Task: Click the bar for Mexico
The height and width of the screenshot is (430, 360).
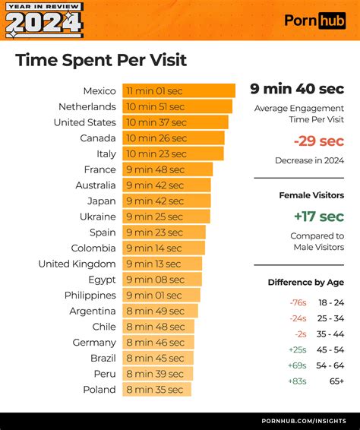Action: tap(178, 91)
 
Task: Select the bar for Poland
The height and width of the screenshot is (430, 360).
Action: tap(156, 390)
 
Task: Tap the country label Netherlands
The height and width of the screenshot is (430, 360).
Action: tap(87, 107)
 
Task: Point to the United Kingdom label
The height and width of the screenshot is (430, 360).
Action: tap(77, 264)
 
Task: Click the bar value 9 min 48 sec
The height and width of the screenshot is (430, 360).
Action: tap(155, 170)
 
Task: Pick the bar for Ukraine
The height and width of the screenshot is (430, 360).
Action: tap(166, 217)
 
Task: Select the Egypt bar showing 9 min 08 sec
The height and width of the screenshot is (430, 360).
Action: tap(162, 280)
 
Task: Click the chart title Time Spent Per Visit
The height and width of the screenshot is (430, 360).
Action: tap(101, 60)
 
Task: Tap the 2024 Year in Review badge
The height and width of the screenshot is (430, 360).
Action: tap(43, 20)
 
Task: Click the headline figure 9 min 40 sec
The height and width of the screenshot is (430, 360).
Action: tap(297, 89)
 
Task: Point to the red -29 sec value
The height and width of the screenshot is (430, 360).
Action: tap(318, 141)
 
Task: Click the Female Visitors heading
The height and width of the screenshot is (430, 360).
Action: tap(312, 195)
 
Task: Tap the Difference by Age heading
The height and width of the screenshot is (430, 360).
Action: tap(305, 283)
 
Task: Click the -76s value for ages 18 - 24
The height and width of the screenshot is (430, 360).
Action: tap(297, 302)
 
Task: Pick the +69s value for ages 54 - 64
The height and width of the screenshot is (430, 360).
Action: tap(297, 365)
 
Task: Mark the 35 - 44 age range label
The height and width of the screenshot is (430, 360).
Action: tap(330, 334)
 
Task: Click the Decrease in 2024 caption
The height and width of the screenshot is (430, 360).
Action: tap(309, 160)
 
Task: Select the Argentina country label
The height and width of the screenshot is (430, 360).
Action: tap(93, 311)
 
